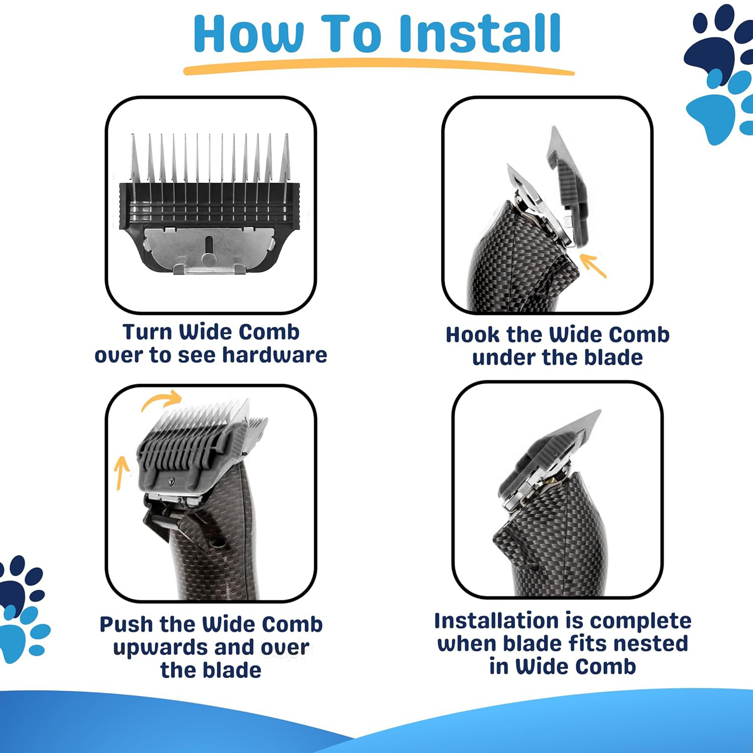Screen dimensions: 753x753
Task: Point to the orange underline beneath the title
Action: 379,67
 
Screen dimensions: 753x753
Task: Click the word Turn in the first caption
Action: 147,332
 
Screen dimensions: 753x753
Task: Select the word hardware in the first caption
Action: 275,355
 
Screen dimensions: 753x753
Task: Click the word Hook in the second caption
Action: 473,335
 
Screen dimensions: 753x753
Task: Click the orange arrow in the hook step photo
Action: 593,266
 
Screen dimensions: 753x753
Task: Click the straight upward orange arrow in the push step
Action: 121,472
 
